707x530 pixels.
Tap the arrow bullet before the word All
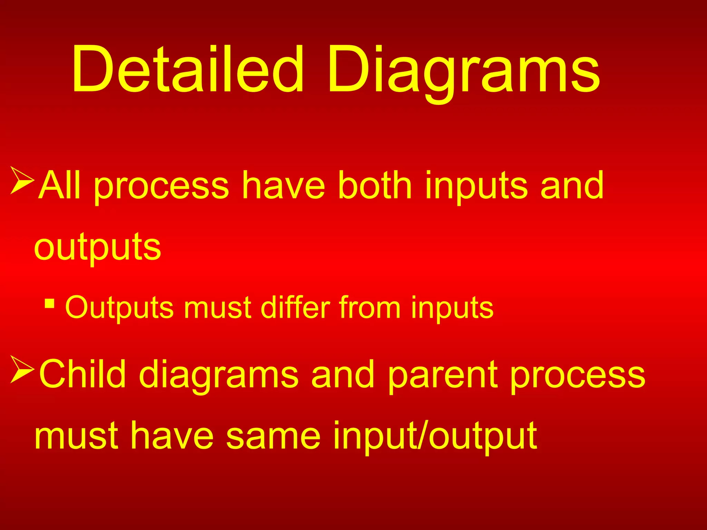[22, 180]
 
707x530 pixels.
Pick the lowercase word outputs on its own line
[98, 248]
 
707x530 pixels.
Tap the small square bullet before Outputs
[50, 304]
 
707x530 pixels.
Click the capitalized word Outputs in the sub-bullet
[119, 307]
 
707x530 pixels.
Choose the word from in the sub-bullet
[369, 307]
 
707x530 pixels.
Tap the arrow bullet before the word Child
[22, 369]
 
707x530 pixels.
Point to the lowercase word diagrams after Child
[219, 376]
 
